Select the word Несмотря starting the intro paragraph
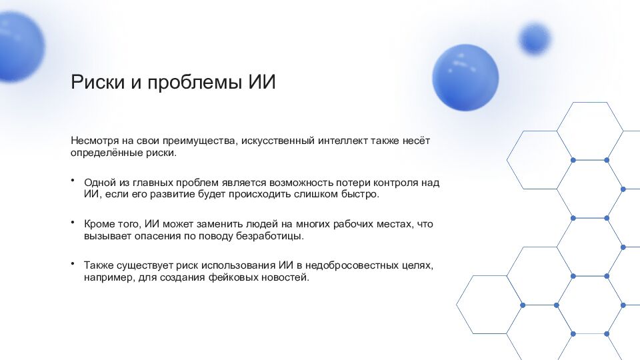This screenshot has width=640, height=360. point(95,141)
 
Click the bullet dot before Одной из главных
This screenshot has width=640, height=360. point(73,181)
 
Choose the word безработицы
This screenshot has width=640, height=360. point(274,236)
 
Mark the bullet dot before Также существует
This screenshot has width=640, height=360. point(73,264)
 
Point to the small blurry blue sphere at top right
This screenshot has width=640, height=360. point(535,38)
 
